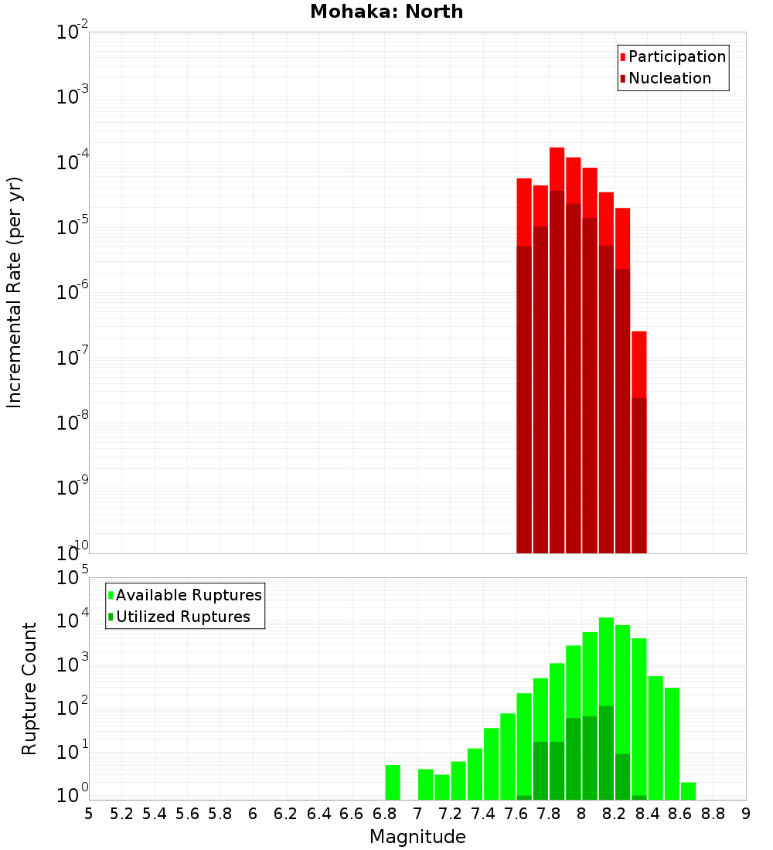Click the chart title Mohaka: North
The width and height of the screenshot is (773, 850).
[x=386, y=12]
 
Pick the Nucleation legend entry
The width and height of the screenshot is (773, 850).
[x=669, y=78]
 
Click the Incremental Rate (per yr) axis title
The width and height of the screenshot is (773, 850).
[x=15, y=292]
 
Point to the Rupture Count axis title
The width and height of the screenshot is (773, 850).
[x=29, y=688]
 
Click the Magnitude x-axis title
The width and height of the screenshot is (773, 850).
[x=417, y=837]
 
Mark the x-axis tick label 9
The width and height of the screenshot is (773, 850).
[x=746, y=814]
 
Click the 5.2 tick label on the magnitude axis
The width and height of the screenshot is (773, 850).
[x=122, y=814]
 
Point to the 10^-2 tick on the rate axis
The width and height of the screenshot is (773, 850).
[x=73, y=32]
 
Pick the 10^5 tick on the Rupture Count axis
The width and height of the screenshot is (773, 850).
[x=74, y=578]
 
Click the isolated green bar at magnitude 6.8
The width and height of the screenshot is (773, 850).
[x=393, y=782]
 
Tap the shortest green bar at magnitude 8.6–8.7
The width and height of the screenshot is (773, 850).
[x=688, y=790]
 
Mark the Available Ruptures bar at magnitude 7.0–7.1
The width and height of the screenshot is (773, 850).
[x=425, y=784]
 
